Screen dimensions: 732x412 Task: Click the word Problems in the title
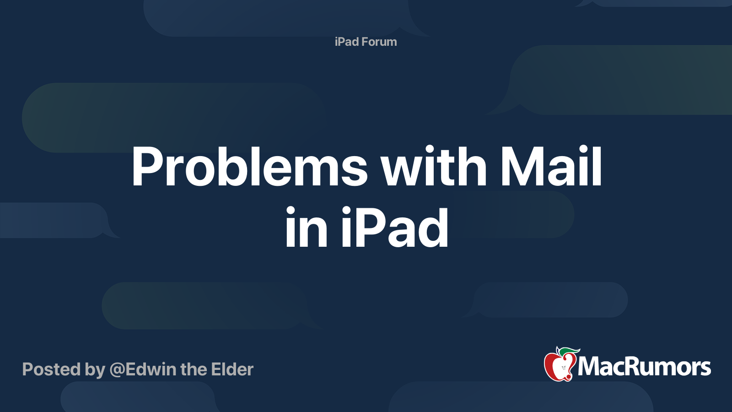(250, 166)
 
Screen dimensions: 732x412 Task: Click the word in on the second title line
(306, 227)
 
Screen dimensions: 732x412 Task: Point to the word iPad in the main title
(394, 227)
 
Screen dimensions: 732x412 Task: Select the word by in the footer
(95, 370)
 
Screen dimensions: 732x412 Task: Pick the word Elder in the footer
(232, 369)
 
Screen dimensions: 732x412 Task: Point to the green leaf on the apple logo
(570, 351)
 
